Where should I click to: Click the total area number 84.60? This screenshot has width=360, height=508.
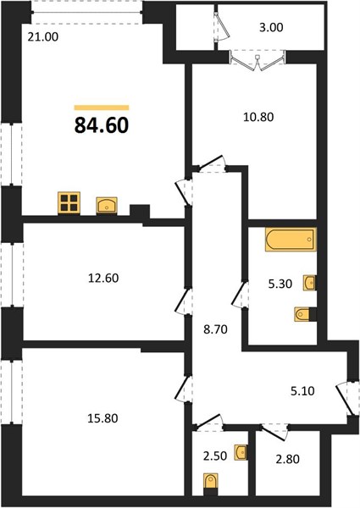pos(102,125)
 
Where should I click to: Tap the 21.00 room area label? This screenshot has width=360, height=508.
pos(43,37)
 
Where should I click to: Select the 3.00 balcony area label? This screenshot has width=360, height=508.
pos(271,28)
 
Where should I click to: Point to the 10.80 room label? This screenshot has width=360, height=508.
pos(258,117)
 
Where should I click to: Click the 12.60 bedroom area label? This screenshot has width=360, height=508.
pos(103,278)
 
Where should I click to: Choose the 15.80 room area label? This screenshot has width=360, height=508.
pos(102,418)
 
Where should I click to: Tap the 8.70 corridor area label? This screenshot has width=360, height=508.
pos(216,330)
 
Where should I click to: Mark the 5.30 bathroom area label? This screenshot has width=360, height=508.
pos(280,284)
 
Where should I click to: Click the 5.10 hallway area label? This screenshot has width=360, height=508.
pos(302,391)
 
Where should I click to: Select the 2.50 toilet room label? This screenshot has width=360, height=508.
pos(215,456)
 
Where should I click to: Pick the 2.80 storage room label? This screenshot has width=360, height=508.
pos(287,459)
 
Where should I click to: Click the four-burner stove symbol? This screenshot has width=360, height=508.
pos(69,203)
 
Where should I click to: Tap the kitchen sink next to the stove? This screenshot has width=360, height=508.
pos(107,206)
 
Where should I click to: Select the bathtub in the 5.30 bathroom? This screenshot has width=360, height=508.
pos(291,240)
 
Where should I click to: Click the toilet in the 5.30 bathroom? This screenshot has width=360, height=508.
pos(302,314)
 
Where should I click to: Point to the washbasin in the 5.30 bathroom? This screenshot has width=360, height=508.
pos(309,283)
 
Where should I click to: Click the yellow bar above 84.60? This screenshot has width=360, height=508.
pos(102,108)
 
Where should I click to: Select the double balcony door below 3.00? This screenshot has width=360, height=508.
pos(258,62)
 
